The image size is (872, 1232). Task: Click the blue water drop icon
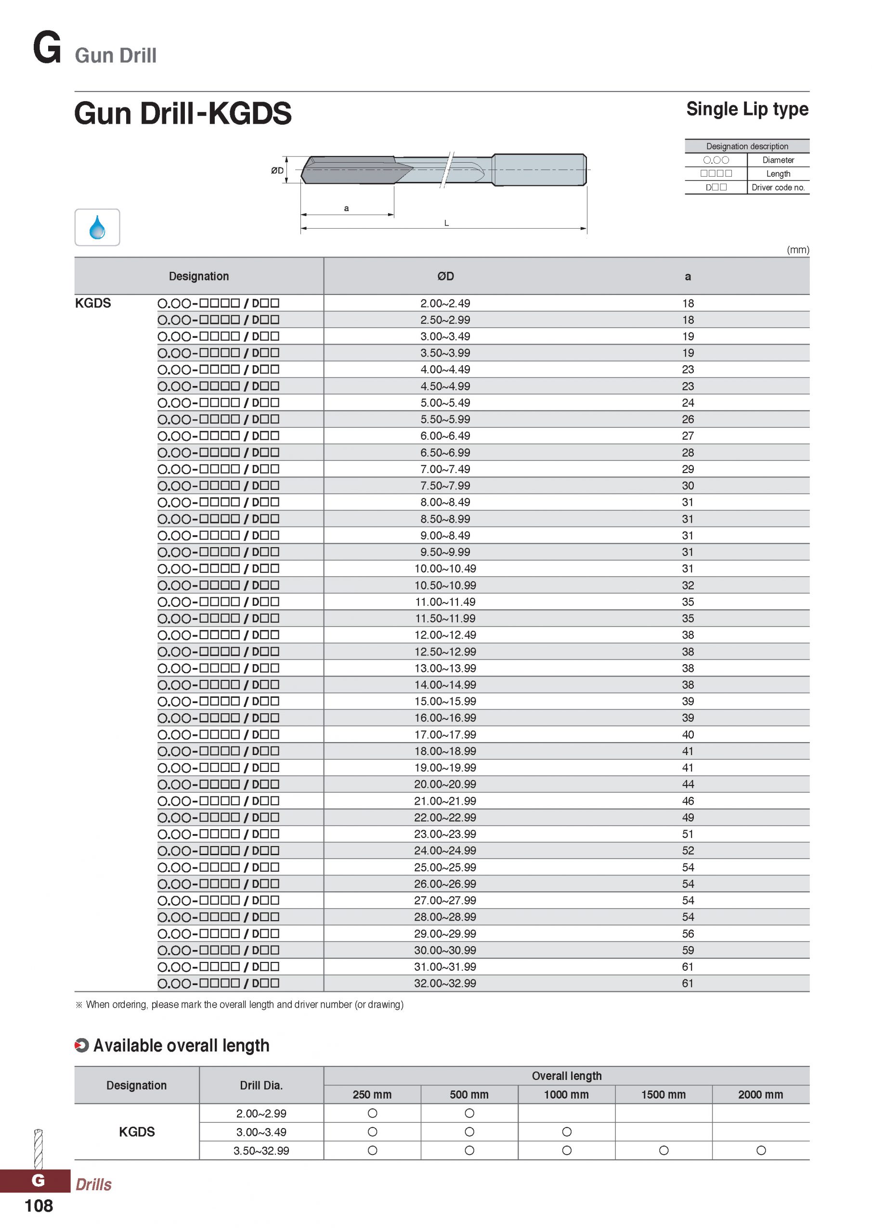tap(97, 227)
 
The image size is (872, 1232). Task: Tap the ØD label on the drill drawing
tap(277, 171)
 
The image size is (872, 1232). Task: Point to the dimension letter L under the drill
tap(446, 223)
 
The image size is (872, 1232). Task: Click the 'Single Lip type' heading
tap(747, 109)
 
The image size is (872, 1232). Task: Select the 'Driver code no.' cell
tap(778, 187)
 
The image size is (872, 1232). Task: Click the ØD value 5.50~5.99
tap(445, 419)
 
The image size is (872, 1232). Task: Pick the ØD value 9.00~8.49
tap(445, 536)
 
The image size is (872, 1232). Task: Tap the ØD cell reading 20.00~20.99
tap(445, 784)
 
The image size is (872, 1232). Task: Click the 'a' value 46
tap(688, 801)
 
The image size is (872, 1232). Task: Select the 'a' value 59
tap(688, 950)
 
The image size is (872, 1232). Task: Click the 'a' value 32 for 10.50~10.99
tap(688, 585)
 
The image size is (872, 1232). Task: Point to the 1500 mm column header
tap(663, 1095)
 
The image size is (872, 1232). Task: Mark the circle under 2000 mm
tap(761, 1151)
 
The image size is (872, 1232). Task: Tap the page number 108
tap(39, 1206)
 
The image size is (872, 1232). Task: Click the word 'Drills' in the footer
tap(93, 1184)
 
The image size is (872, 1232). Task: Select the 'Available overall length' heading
tap(181, 1045)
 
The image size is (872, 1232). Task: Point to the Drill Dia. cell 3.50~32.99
tap(261, 1151)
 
